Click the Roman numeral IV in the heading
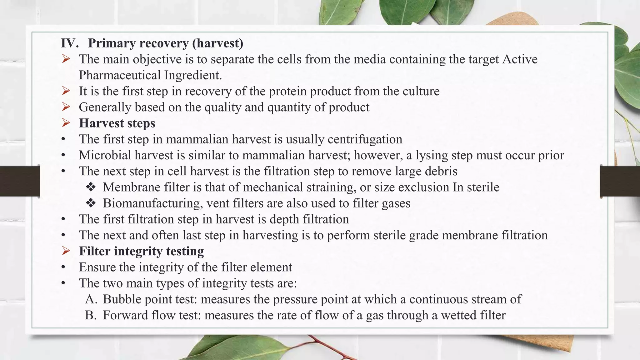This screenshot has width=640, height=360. (x=69, y=43)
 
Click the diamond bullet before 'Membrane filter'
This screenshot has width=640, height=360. (x=91, y=187)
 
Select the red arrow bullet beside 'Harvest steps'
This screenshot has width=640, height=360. (x=66, y=123)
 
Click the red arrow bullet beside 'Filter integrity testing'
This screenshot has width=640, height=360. (x=66, y=251)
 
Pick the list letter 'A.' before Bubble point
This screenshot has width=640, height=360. (x=91, y=299)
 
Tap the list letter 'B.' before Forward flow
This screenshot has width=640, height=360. (x=91, y=315)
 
